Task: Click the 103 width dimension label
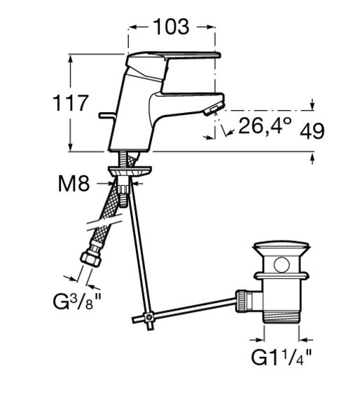[x=172, y=27]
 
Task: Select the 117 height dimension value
[x=71, y=103]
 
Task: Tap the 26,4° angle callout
[x=265, y=125]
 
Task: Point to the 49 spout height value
[x=312, y=131]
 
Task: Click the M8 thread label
[x=74, y=184]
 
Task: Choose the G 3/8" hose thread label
[x=77, y=301]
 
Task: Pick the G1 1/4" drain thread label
[x=282, y=358]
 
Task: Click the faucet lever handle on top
[x=174, y=57]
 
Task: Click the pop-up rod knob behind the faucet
[x=107, y=116]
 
